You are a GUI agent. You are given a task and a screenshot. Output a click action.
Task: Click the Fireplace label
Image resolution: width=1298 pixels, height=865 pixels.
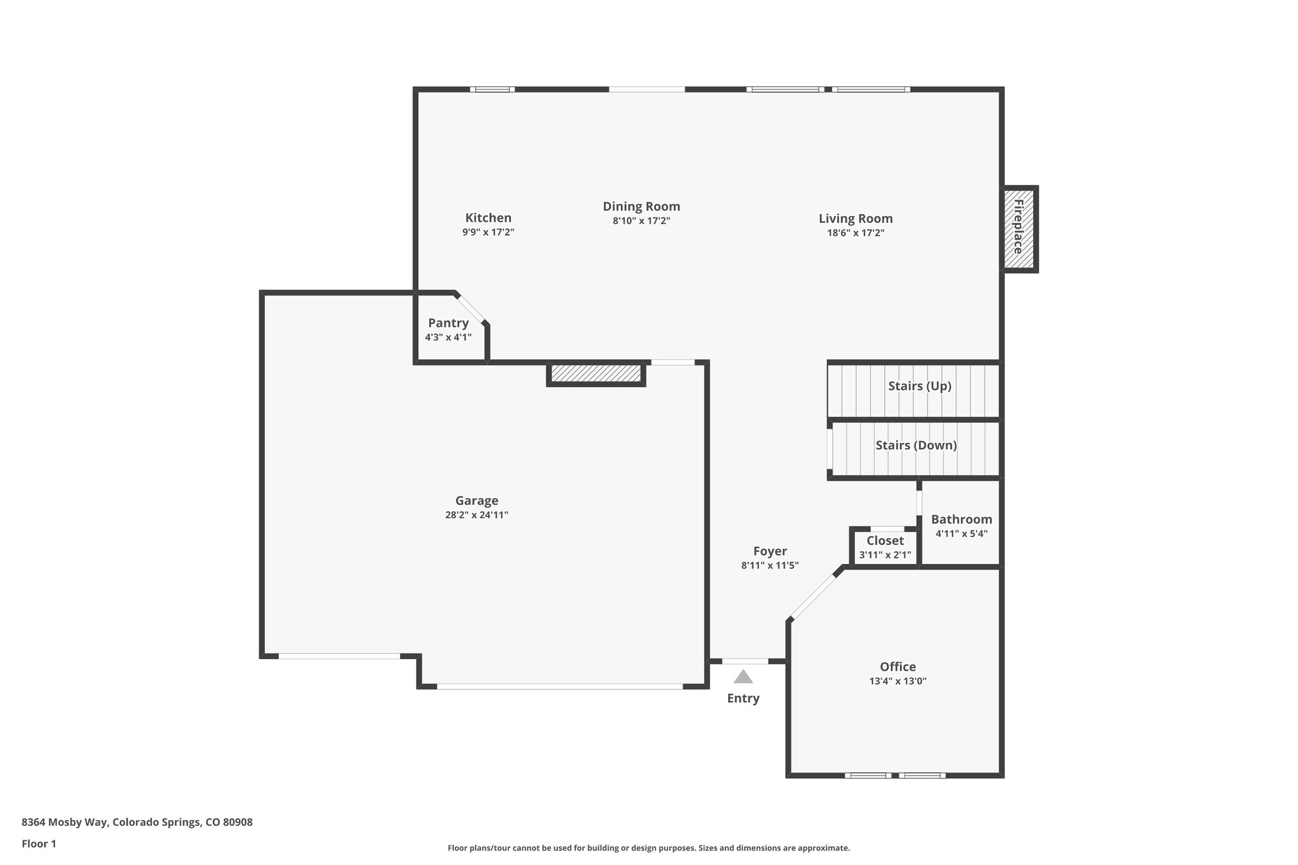click(1018, 227)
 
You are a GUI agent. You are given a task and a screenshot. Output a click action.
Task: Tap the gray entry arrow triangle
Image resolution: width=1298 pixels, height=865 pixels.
click(743, 677)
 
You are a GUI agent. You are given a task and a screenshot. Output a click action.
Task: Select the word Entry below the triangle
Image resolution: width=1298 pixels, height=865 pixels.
click(743, 698)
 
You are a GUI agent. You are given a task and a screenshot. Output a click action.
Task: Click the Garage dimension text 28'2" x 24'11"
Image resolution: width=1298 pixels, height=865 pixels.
click(477, 515)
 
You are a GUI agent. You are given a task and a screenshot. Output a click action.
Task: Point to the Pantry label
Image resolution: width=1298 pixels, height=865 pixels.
click(448, 323)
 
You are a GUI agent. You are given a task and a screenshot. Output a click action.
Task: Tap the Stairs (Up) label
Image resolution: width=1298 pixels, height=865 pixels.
click(919, 386)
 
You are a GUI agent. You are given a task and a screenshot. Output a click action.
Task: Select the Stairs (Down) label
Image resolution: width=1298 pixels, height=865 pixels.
click(916, 445)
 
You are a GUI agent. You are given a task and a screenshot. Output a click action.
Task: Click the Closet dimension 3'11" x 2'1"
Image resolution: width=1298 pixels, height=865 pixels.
click(885, 555)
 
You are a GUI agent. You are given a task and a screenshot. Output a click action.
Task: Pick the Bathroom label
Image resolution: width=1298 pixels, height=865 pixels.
click(961, 520)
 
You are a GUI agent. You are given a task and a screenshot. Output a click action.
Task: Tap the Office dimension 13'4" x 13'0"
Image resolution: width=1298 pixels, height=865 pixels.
click(897, 681)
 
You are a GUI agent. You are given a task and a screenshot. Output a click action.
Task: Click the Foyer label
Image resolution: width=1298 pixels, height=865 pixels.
click(770, 551)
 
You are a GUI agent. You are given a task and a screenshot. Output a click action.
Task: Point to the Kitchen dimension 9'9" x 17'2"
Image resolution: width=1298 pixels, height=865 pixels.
click(488, 233)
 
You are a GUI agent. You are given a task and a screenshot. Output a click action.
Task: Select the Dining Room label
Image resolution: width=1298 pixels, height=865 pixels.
click(641, 207)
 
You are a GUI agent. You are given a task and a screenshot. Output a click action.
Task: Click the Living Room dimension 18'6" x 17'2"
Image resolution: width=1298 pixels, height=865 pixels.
click(856, 233)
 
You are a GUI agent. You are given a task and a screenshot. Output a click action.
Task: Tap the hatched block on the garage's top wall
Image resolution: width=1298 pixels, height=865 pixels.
click(596, 373)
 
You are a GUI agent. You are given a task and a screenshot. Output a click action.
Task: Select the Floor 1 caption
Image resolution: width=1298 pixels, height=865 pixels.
click(39, 844)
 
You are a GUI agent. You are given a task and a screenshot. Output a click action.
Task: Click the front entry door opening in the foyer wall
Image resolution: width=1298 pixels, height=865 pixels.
click(745, 661)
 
